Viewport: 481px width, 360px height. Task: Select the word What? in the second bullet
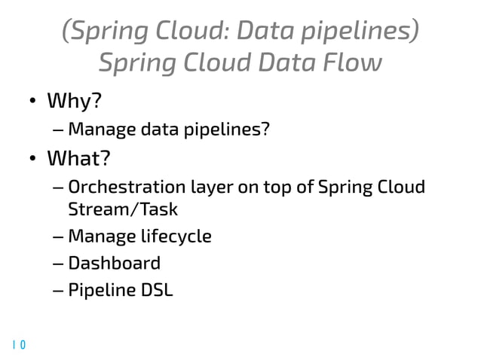click(x=79, y=159)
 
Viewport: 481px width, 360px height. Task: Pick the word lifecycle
click(x=174, y=236)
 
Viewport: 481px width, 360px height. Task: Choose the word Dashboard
click(x=114, y=263)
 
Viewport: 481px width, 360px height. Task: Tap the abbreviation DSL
click(x=155, y=289)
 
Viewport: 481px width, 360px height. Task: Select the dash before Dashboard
click(x=59, y=264)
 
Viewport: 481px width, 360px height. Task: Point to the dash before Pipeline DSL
click(x=59, y=290)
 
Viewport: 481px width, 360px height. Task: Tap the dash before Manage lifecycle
click(x=59, y=237)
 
